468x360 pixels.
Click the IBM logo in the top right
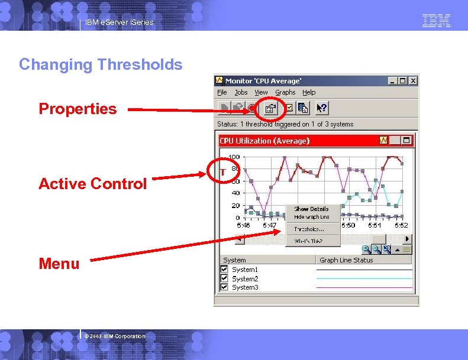coord(437,21)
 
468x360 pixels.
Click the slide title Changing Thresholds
coord(101,64)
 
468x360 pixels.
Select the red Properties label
coord(78,109)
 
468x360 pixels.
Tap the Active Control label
coord(92,184)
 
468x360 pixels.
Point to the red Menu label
coord(59,264)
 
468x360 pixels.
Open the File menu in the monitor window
coord(222,92)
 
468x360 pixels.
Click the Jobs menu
coord(241,92)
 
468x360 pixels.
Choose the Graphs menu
coord(285,92)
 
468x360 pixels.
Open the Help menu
coord(309,92)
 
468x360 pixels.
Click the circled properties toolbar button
coord(270,108)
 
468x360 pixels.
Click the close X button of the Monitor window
coord(413,80)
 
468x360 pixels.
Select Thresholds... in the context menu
coord(309,229)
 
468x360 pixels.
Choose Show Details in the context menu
coord(311,209)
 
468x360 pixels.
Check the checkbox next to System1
coord(224,270)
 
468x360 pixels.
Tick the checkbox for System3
coord(224,287)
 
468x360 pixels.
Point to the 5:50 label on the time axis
coord(348,225)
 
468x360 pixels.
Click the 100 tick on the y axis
coord(234,157)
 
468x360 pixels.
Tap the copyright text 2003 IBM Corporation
coord(115,336)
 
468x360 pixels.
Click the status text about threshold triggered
coord(285,124)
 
